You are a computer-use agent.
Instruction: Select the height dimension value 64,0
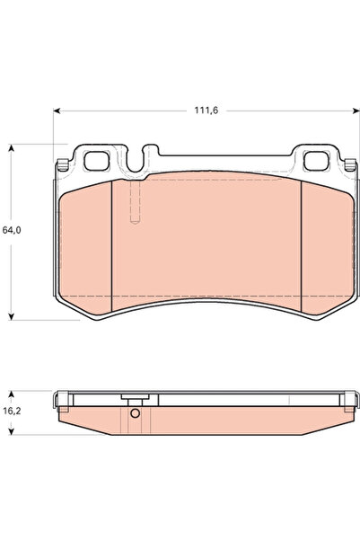12,230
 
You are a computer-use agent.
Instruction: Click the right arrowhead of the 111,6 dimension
345,111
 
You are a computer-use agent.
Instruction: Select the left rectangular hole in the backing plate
96,162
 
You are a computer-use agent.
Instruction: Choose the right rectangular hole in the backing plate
318,162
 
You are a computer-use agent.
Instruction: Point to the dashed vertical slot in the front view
134,202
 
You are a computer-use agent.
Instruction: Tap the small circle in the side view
135,414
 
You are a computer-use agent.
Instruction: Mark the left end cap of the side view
61,399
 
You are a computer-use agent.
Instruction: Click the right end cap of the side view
343,399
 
